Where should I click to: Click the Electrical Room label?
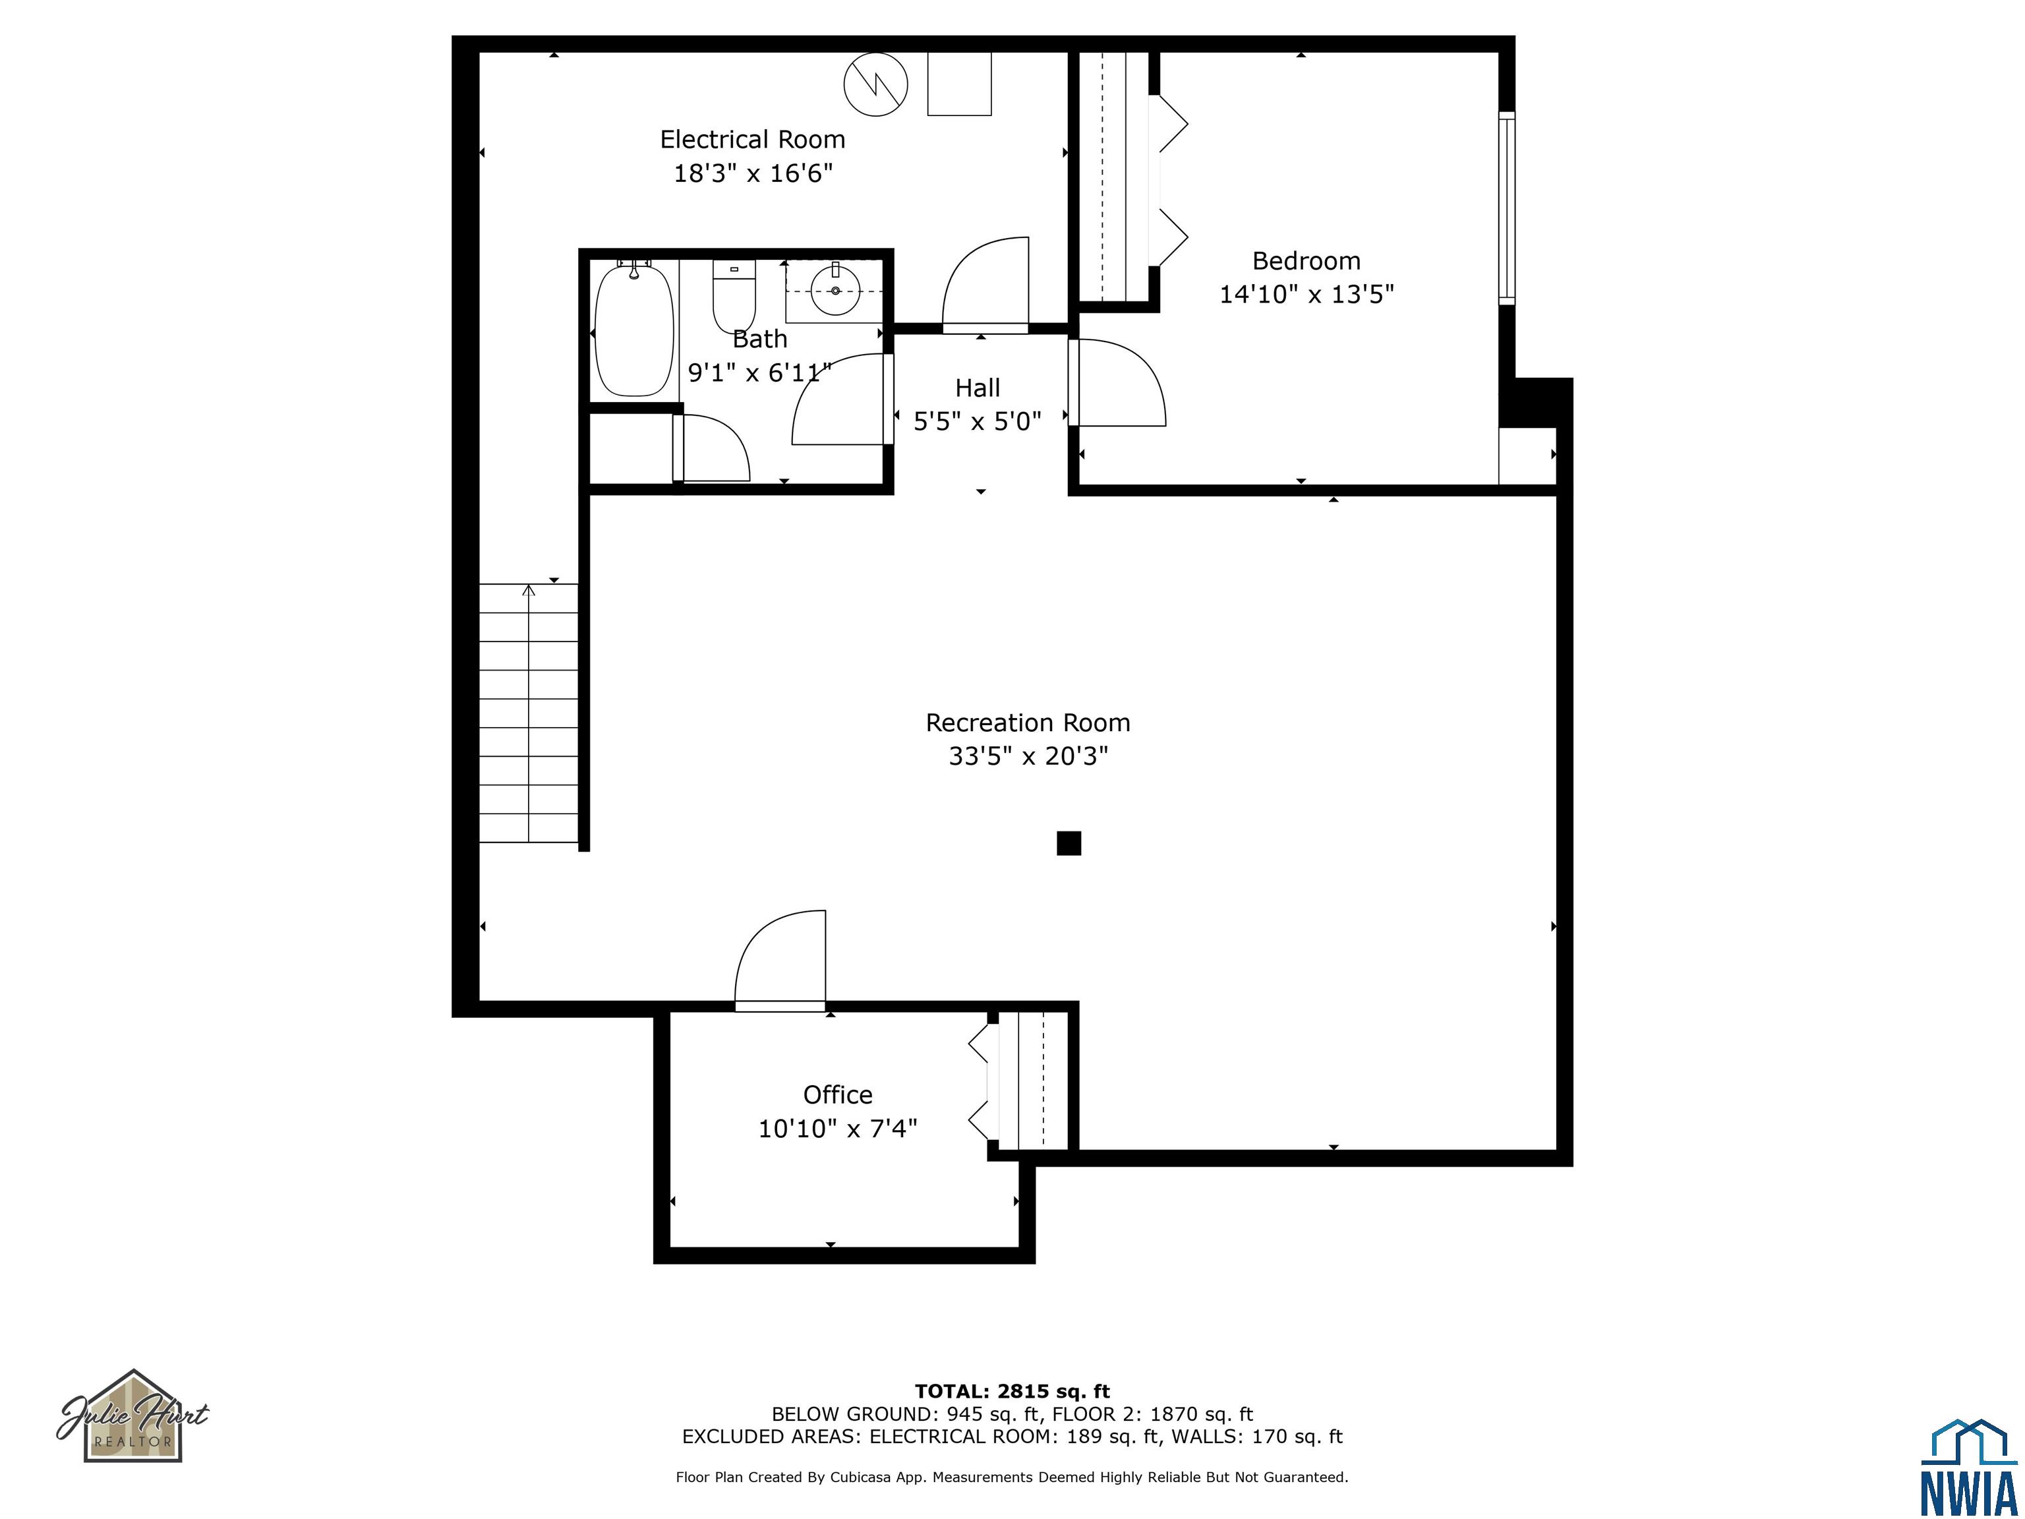point(753,140)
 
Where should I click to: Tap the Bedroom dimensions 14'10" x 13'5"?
point(1306,294)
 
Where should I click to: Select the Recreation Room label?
point(1028,723)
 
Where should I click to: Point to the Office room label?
point(838,1094)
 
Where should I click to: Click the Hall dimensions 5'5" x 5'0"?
point(978,421)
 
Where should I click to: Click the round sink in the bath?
point(835,289)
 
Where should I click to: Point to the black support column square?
point(1069,843)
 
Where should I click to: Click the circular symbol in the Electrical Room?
point(875,85)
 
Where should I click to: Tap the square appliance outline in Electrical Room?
point(959,83)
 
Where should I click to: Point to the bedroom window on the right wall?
point(1506,208)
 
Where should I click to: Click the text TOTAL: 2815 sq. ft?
point(1012,1392)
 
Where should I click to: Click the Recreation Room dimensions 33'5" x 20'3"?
point(1028,756)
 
